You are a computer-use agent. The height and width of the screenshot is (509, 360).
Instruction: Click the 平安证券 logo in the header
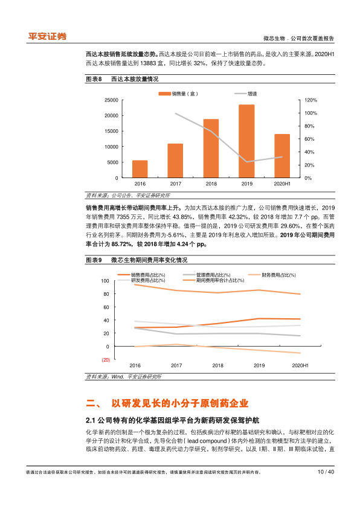point(47,36)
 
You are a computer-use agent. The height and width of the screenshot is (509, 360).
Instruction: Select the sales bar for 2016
point(140,169)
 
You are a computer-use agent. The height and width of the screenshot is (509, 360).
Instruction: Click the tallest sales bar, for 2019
point(246,141)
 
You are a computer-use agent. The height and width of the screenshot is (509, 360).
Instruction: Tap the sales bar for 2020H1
point(282,156)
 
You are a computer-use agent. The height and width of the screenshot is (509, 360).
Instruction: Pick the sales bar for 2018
point(211,149)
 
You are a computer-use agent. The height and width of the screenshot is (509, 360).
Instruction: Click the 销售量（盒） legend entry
point(178,94)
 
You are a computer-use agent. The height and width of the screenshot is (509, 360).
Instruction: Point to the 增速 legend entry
point(246,94)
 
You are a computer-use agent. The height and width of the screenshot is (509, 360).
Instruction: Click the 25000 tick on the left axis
point(111,100)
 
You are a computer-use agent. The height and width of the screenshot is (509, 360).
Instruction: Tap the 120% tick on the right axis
point(310,100)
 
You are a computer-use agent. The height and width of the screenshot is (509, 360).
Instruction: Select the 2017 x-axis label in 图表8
point(176,184)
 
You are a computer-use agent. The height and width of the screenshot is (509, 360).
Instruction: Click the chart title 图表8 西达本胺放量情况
point(122,79)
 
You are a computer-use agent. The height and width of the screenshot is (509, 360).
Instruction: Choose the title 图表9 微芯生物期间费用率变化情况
point(137,260)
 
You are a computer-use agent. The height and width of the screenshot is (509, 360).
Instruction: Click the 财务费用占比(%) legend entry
point(272,275)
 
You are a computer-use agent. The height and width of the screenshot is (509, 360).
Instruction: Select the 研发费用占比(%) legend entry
point(141,280)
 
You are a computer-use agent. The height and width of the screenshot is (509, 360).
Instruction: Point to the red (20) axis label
point(106,360)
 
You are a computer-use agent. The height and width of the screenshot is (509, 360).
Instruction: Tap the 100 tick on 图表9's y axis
point(105,281)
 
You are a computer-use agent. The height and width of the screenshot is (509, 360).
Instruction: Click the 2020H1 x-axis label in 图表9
point(300,365)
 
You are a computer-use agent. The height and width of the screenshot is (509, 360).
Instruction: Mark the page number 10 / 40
point(326,472)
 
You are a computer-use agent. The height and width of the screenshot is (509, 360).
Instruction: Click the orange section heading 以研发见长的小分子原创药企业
point(180,403)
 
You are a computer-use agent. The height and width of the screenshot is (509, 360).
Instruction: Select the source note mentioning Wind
point(124,377)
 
